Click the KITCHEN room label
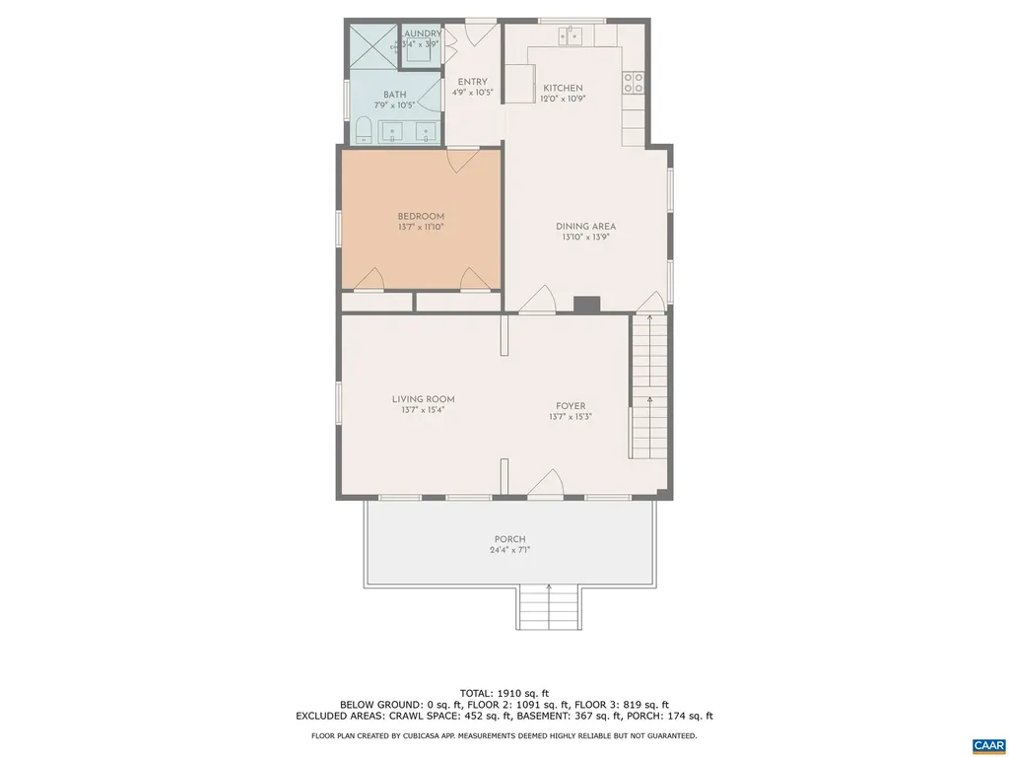point(562,88)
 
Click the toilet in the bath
point(362,129)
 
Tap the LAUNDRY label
point(421,34)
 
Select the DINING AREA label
point(585,227)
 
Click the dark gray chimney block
point(586,305)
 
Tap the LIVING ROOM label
point(423,399)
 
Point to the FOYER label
point(570,406)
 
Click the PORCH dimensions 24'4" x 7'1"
point(509,550)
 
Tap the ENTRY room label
point(472,82)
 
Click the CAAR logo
point(986,745)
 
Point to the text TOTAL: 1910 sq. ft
point(504,692)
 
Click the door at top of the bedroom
point(463,160)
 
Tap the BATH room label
point(394,95)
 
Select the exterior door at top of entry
point(480,32)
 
